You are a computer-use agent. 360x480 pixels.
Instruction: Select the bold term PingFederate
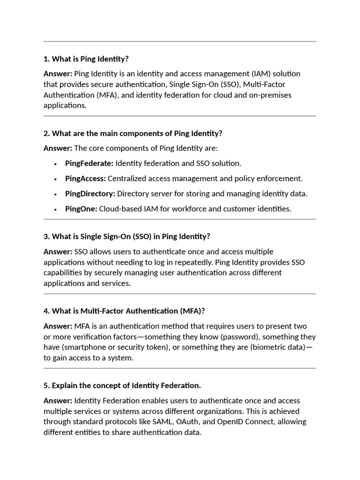point(89,164)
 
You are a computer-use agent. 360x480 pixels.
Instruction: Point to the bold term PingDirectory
point(90,194)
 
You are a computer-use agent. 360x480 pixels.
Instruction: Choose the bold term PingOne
point(81,209)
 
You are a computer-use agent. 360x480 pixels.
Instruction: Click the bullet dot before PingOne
point(55,210)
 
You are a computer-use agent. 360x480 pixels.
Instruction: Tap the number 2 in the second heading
point(46,134)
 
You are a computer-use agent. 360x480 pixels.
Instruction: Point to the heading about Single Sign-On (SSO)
point(127,236)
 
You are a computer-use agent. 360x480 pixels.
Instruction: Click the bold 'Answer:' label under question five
point(58,401)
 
